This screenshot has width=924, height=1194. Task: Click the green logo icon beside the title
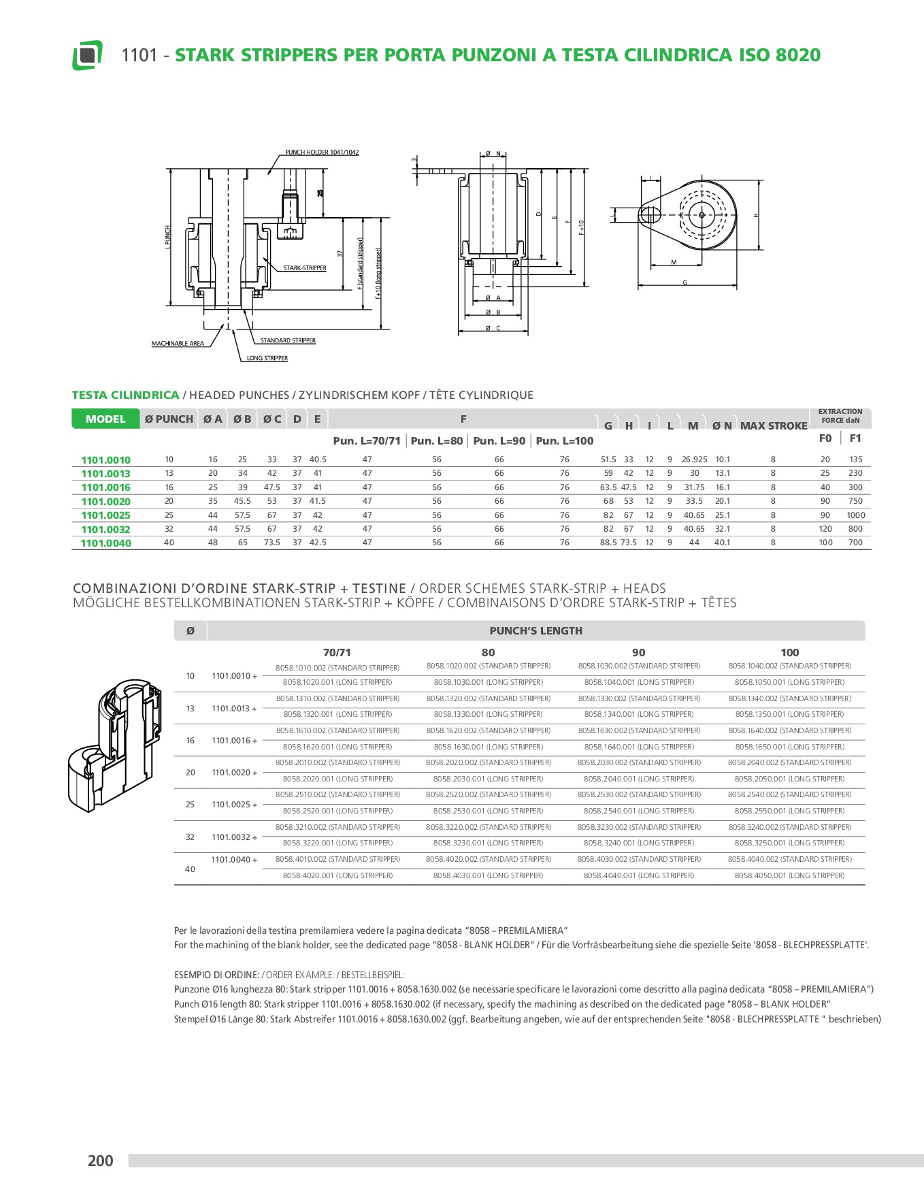point(87,55)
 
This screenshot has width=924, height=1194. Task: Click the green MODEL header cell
point(105,419)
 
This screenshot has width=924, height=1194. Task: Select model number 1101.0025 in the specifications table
point(105,515)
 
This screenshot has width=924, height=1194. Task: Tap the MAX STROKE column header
point(774,426)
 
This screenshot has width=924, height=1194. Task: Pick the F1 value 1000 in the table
point(855,515)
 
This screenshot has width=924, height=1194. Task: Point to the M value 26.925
point(694,459)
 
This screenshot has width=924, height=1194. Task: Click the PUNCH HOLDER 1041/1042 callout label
point(322,152)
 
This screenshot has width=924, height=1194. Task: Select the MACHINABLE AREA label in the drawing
point(178,344)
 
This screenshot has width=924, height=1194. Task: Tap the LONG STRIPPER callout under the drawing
point(267,358)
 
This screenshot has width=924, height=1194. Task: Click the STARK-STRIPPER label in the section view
point(305,268)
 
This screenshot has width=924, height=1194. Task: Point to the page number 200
point(101,1161)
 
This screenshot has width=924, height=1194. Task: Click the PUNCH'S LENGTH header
point(535,631)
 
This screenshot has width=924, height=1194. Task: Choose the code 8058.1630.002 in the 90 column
point(639,730)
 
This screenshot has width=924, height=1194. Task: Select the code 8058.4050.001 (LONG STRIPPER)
point(789,875)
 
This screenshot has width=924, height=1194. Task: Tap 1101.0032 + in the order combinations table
point(235,837)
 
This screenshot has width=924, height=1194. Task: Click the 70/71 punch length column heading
point(337,652)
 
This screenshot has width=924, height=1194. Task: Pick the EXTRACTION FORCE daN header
point(840,416)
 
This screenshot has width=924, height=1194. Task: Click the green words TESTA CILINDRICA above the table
point(126,395)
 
